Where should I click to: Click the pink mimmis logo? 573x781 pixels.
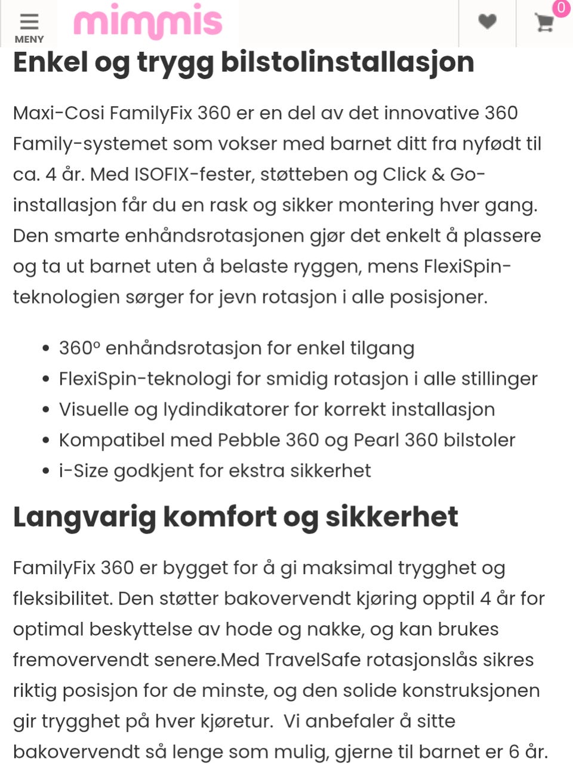point(147,23)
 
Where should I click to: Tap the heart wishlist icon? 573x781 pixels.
point(487,21)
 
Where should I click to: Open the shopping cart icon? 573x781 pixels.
point(544,23)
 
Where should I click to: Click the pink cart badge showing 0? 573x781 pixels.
point(561,8)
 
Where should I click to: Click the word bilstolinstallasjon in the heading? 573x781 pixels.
point(347,62)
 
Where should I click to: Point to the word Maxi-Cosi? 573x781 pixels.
point(58,113)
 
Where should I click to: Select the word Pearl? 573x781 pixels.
point(376,440)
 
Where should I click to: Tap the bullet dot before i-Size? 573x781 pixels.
point(46,471)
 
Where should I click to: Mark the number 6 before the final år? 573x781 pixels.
point(514,752)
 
